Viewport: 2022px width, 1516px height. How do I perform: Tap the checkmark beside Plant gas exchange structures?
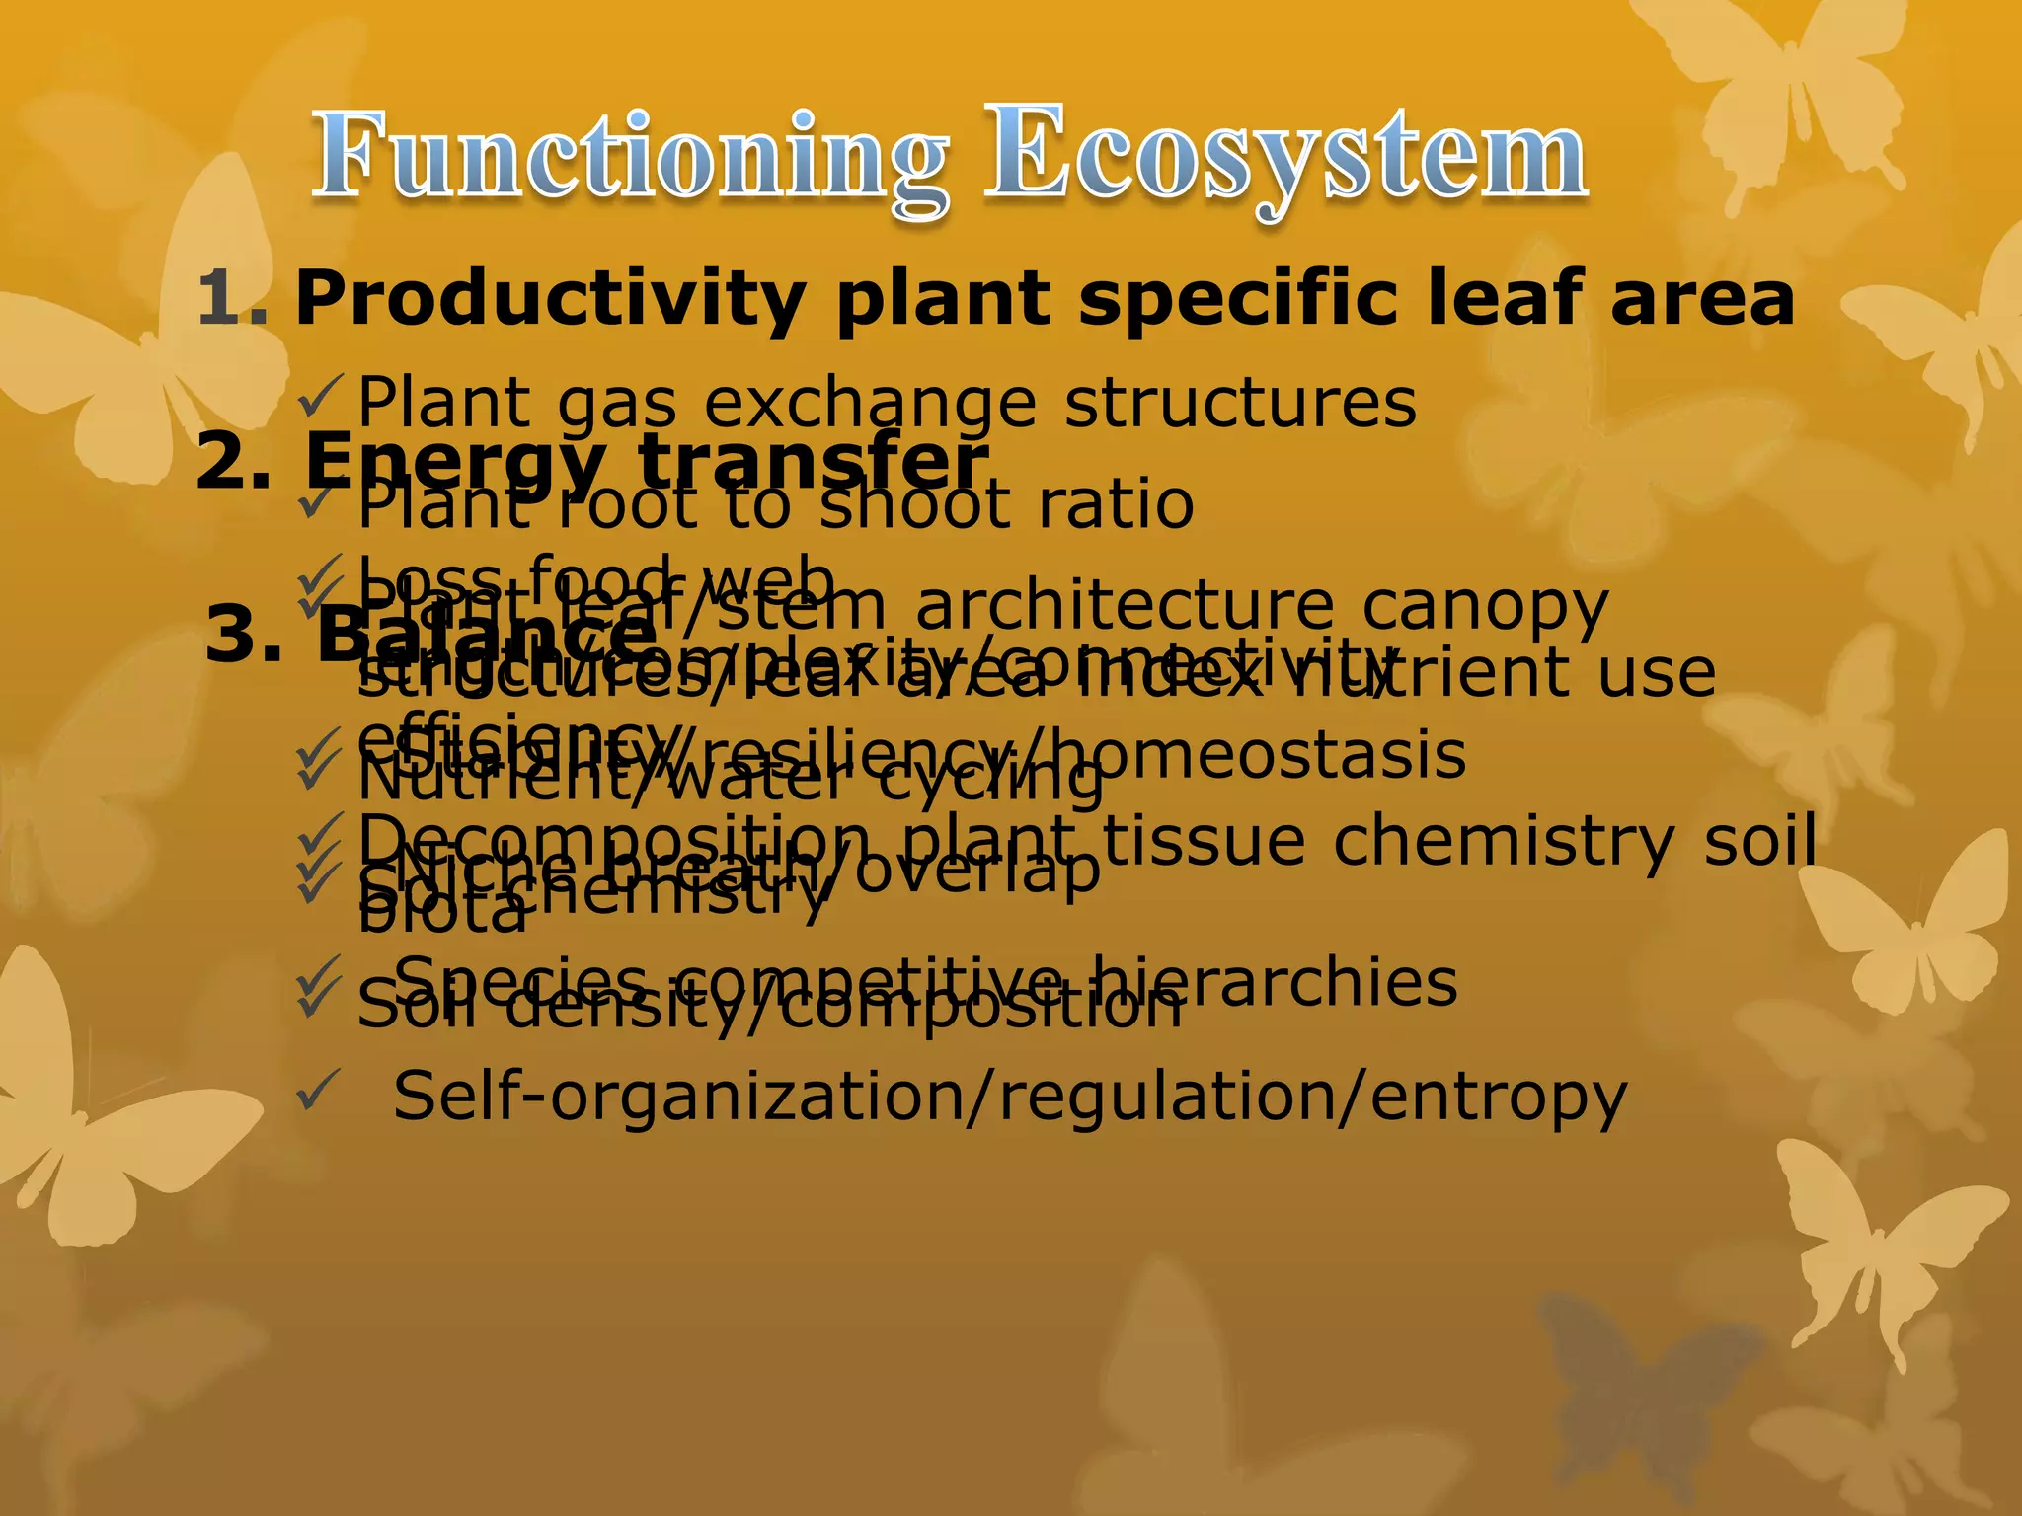(321, 397)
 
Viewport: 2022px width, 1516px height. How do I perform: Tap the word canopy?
(1485, 609)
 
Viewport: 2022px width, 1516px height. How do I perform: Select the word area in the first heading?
(1702, 298)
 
